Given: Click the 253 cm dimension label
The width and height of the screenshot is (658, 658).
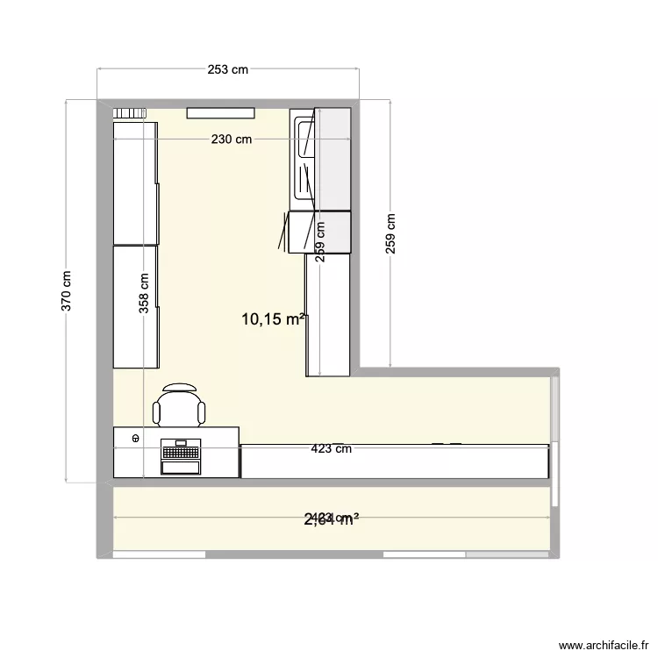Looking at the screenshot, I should pos(228,69).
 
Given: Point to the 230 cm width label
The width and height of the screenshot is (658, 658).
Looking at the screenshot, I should pos(231,139).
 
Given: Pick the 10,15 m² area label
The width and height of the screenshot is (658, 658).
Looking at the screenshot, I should pos(275,319).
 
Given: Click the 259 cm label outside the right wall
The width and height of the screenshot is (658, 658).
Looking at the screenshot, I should pos(390,234).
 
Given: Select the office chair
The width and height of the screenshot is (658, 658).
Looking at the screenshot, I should pos(180,406).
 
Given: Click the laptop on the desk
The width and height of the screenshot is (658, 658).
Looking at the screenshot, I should pos(182,455).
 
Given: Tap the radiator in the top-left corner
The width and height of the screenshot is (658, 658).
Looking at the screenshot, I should pos(129,112).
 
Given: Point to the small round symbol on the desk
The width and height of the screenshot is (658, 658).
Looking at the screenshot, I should pos(136,437).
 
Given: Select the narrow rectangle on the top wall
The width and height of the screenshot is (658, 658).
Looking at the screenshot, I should pos(220,112).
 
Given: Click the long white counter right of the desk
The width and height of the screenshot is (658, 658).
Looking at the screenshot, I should pos(395,461).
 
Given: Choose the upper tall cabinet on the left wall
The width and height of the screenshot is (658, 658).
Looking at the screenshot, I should pos(135,182).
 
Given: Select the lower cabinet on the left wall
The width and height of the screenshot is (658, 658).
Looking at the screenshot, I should pos(135,306).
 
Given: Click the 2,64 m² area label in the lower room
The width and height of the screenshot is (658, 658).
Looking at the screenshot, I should pos(332,519).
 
